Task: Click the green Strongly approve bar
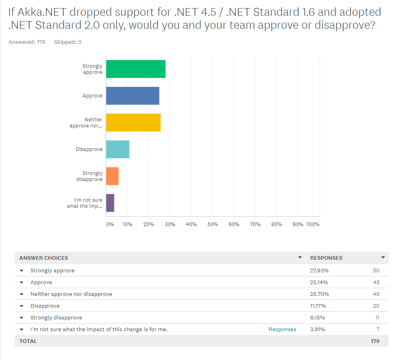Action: pos(136,69)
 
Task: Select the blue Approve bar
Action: pos(133,96)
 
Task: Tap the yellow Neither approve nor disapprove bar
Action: pos(133,123)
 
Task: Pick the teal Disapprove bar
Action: pos(118,149)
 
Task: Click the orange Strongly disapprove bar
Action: pos(112,176)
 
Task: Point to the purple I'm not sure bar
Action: pos(110,203)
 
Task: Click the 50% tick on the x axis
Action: pos(213,224)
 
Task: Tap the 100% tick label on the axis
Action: pos(313,224)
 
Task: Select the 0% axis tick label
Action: pos(110,224)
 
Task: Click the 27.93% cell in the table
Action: pos(319,270)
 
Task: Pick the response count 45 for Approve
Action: pos(376,282)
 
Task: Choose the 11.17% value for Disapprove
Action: pos(318,306)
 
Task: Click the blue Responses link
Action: pos(282,329)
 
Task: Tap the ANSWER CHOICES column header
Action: pos(44,258)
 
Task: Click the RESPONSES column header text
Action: pos(326,258)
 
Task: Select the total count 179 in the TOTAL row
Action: pos(375,341)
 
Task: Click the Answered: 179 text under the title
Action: pos(27,42)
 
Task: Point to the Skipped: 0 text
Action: pos(67,42)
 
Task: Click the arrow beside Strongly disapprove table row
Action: pos(22,318)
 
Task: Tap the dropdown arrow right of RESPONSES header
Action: pos(383,257)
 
